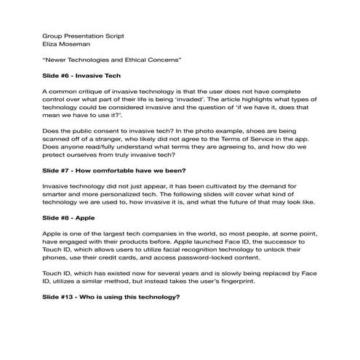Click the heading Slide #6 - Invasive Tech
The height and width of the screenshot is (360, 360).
81,75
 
